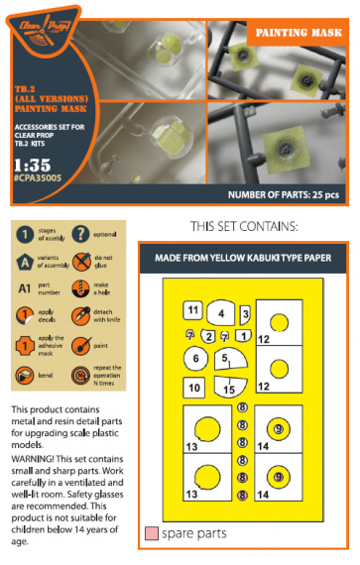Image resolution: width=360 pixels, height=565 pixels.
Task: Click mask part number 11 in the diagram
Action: pos(192,311)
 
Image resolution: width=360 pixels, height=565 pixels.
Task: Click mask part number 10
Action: pos(195,387)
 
